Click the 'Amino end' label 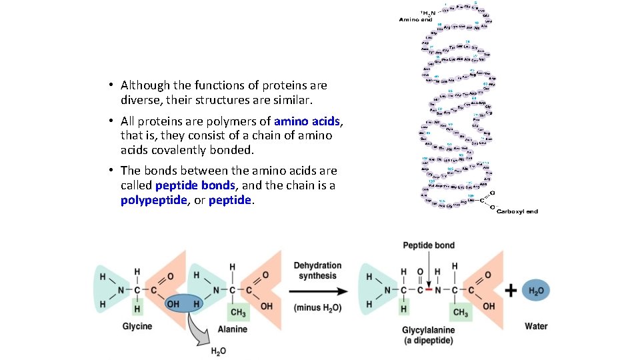tap(415, 19)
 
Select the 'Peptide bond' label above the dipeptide tap(428, 245)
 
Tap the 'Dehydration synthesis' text tap(317, 271)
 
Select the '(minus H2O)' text tap(317, 307)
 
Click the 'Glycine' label tap(137, 326)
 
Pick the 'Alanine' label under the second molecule tap(232, 329)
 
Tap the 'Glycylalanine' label tap(428, 330)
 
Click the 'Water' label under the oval tap(536, 326)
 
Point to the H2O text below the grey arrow tap(218, 351)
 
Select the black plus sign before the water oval tap(511, 291)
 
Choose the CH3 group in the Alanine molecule tap(237, 312)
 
